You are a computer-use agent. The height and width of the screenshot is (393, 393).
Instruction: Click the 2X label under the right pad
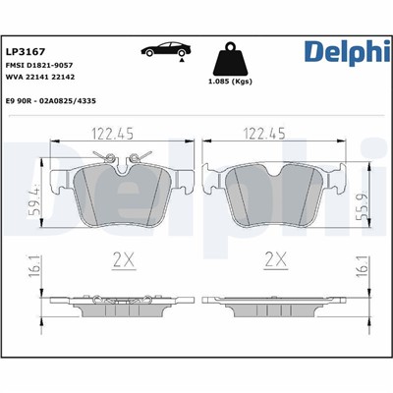click(x=276, y=260)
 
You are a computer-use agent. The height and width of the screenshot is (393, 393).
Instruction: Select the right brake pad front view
click(x=276, y=196)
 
